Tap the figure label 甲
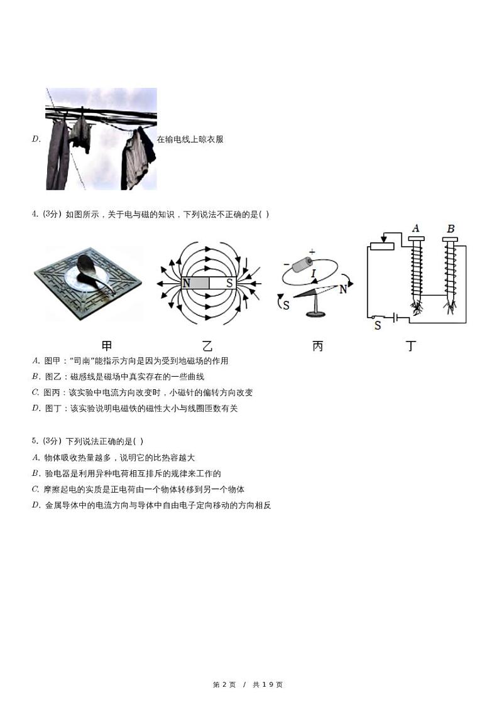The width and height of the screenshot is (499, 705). pyautogui.click(x=107, y=346)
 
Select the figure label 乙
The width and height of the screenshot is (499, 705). pyautogui.click(x=207, y=346)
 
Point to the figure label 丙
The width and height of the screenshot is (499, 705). pyautogui.click(x=317, y=346)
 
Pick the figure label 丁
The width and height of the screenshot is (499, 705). pyautogui.click(x=411, y=346)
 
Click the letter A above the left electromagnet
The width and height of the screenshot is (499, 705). pyautogui.click(x=416, y=229)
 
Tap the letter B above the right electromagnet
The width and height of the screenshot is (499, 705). pyautogui.click(x=451, y=229)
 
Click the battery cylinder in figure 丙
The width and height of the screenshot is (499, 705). pyautogui.click(x=302, y=266)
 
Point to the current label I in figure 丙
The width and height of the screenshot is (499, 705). pyautogui.click(x=314, y=273)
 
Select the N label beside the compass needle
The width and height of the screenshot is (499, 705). pyautogui.click(x=343, y=289)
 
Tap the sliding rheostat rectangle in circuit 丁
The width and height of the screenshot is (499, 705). pyautogui.click(x=381, y=246)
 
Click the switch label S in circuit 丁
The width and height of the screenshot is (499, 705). pyautogui.click(x=377, y=325)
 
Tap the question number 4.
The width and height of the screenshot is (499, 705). pyautogui.click(x=35, y=214)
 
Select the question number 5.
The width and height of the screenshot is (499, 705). pyautogui.click(x=35, y=441)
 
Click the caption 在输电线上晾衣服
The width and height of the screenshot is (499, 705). pyautogui.click(x=190, y=139)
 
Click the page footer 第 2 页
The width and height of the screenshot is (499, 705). pyautogui.click(x=224, y=685)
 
